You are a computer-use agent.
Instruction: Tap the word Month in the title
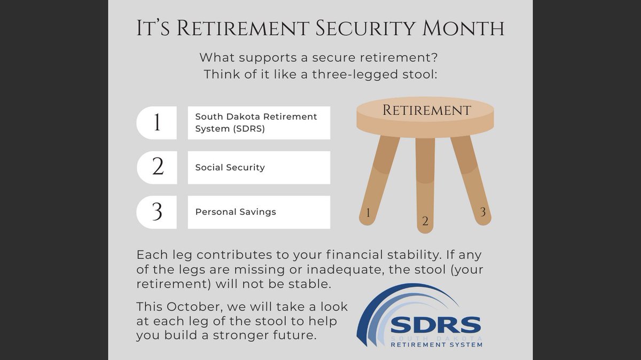(x=466, y=29)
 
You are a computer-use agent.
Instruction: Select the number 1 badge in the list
(x=157, y=123)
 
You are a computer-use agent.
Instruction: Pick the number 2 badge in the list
(x=157, y=167)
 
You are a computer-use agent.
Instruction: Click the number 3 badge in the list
(x=157, y=212)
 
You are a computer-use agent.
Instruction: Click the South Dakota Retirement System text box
(x=259, y=123)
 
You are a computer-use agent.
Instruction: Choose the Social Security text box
(x=259, y=167)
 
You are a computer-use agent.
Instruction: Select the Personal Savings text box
(x=259, y=212)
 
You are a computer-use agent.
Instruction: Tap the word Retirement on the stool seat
(x=426, y=111)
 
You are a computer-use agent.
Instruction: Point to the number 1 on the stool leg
(x=368, y=214)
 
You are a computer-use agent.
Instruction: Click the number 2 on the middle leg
(x=425, y=221)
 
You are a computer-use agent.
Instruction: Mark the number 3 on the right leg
(x=482, y=212)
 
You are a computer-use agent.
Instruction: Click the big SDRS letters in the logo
(x=435, y=325)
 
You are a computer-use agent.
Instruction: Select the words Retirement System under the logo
(x=436, y=345)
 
